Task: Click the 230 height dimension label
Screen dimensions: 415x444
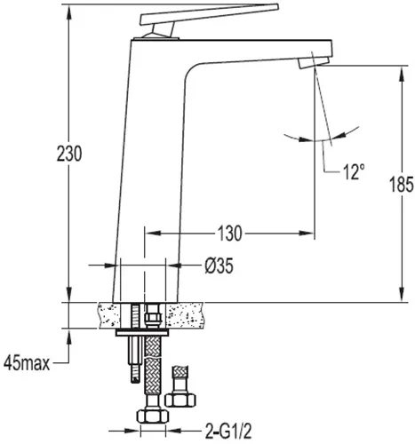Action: (x=69, y=154)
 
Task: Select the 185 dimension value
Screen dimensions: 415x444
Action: (x=402, y=185)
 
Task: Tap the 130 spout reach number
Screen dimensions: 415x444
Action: (x=230, y=234)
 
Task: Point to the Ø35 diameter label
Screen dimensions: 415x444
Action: (x=219, y=266)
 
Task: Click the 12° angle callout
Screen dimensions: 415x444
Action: (x=354, y=171)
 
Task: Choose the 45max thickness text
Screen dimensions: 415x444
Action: (x=27, y=363)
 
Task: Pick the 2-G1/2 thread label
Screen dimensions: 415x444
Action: (x=228, y=431)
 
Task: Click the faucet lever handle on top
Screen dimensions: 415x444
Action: (x=210, y=14)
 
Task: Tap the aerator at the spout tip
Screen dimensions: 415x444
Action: (x=314, y=62)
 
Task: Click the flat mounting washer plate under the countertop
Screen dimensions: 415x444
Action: (x=142, y=333)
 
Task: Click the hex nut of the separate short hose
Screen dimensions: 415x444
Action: (x=180, y=400)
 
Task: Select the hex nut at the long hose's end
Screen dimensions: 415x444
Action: (x=153, y=416)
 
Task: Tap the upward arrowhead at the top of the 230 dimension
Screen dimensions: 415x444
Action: (x=69, y=12)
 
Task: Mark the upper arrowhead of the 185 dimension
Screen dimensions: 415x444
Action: (x=402, y=73)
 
